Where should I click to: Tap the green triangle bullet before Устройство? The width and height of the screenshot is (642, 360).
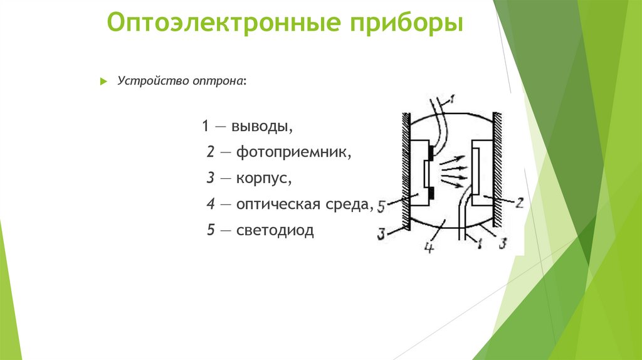click(x=104, y=82)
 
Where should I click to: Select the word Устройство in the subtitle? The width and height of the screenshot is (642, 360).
click(x=149, y=82)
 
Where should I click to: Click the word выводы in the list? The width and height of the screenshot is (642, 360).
click(x=262, y=126)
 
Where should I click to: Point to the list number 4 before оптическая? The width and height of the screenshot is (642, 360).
click(x=211, y=204)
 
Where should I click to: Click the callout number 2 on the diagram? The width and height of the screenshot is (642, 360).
click(x=519, y=203)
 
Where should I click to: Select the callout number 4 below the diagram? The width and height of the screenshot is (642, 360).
click(x=429, y=248)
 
